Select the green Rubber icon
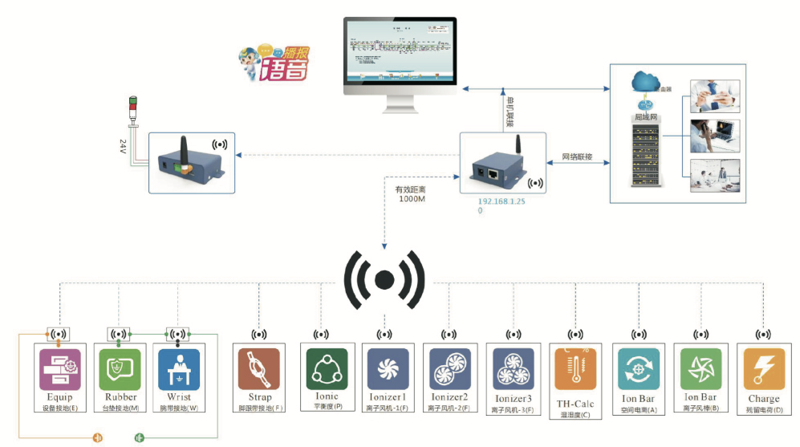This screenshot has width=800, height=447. [119, 368]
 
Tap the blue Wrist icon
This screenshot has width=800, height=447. [178, 368]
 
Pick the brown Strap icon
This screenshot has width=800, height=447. [258, 368]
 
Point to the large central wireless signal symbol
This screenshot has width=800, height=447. [384, 279]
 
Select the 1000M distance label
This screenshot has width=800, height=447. [413, 199]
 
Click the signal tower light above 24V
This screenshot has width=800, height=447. [133, 112]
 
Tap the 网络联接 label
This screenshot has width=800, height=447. [576, 156]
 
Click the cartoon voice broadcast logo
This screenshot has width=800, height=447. [274, 63]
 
